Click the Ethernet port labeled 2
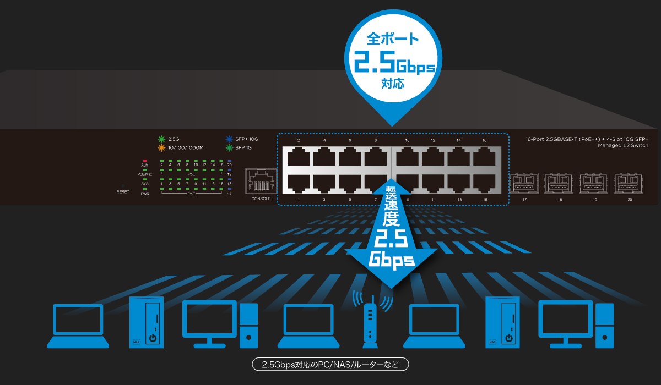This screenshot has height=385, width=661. coord(299,158)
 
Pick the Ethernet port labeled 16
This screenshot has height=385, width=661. coord(484,158)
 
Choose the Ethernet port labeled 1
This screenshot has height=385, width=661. coord(299,183)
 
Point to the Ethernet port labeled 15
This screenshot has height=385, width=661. coord(484,183)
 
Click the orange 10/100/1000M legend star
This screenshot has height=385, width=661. coord(162,147)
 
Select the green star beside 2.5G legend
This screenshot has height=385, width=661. coord(162,139)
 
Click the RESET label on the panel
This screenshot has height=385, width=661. coord(123,192)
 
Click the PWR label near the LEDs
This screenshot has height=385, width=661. coord(145,194)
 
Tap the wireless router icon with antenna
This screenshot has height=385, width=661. coord(372,322)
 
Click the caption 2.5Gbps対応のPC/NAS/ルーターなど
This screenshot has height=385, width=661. coord(330,364)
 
